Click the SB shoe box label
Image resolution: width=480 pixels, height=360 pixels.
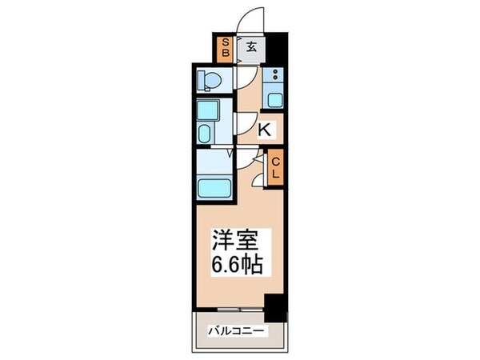pos(226,50)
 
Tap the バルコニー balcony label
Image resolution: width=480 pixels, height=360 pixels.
pos(237,330)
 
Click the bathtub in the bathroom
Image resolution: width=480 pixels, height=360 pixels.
pos(214,189)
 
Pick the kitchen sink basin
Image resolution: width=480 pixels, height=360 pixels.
pos(274,100)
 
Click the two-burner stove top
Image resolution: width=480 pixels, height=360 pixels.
pos(274,78)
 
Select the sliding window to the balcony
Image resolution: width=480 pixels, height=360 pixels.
pos(232,309)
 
